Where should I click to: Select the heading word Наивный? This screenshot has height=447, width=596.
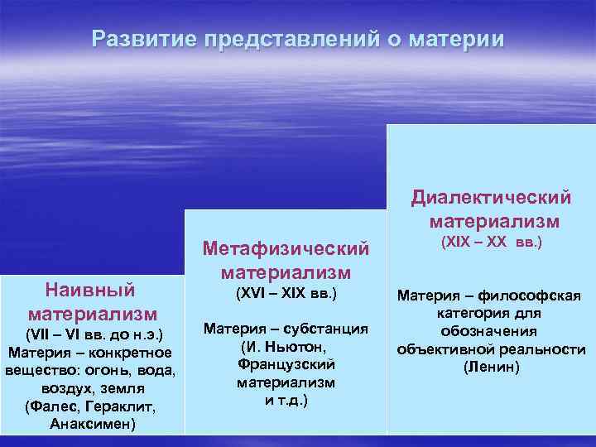tap(92, 291)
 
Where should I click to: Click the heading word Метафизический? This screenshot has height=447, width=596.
tap(286, 248)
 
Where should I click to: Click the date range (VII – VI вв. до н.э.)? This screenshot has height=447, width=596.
tap(92, 334)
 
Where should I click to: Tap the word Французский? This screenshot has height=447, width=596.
tap(286, 364)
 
